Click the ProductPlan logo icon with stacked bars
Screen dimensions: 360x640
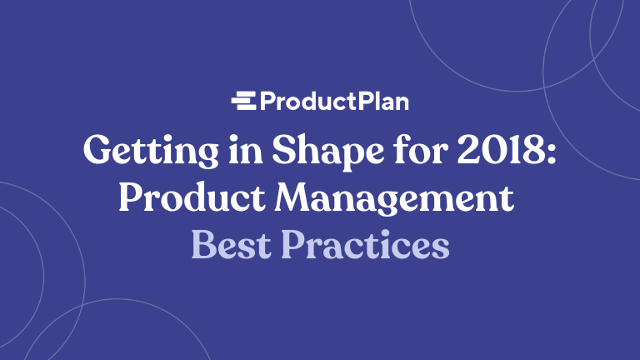click(244, 102)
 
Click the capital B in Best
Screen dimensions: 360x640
click(202, 243)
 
